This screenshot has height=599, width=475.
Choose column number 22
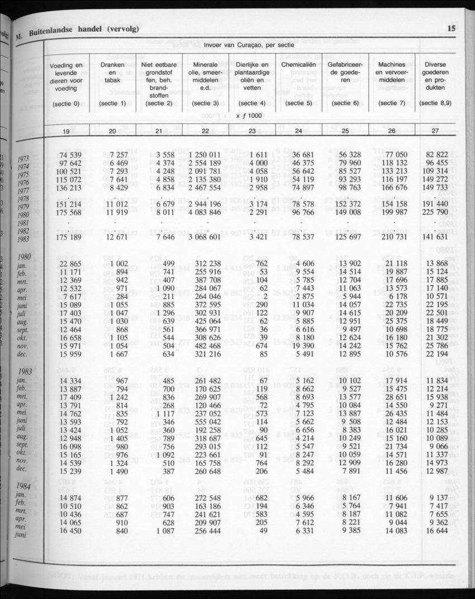205,131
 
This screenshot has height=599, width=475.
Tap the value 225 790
436,213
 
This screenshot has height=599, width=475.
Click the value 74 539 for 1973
71,155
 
